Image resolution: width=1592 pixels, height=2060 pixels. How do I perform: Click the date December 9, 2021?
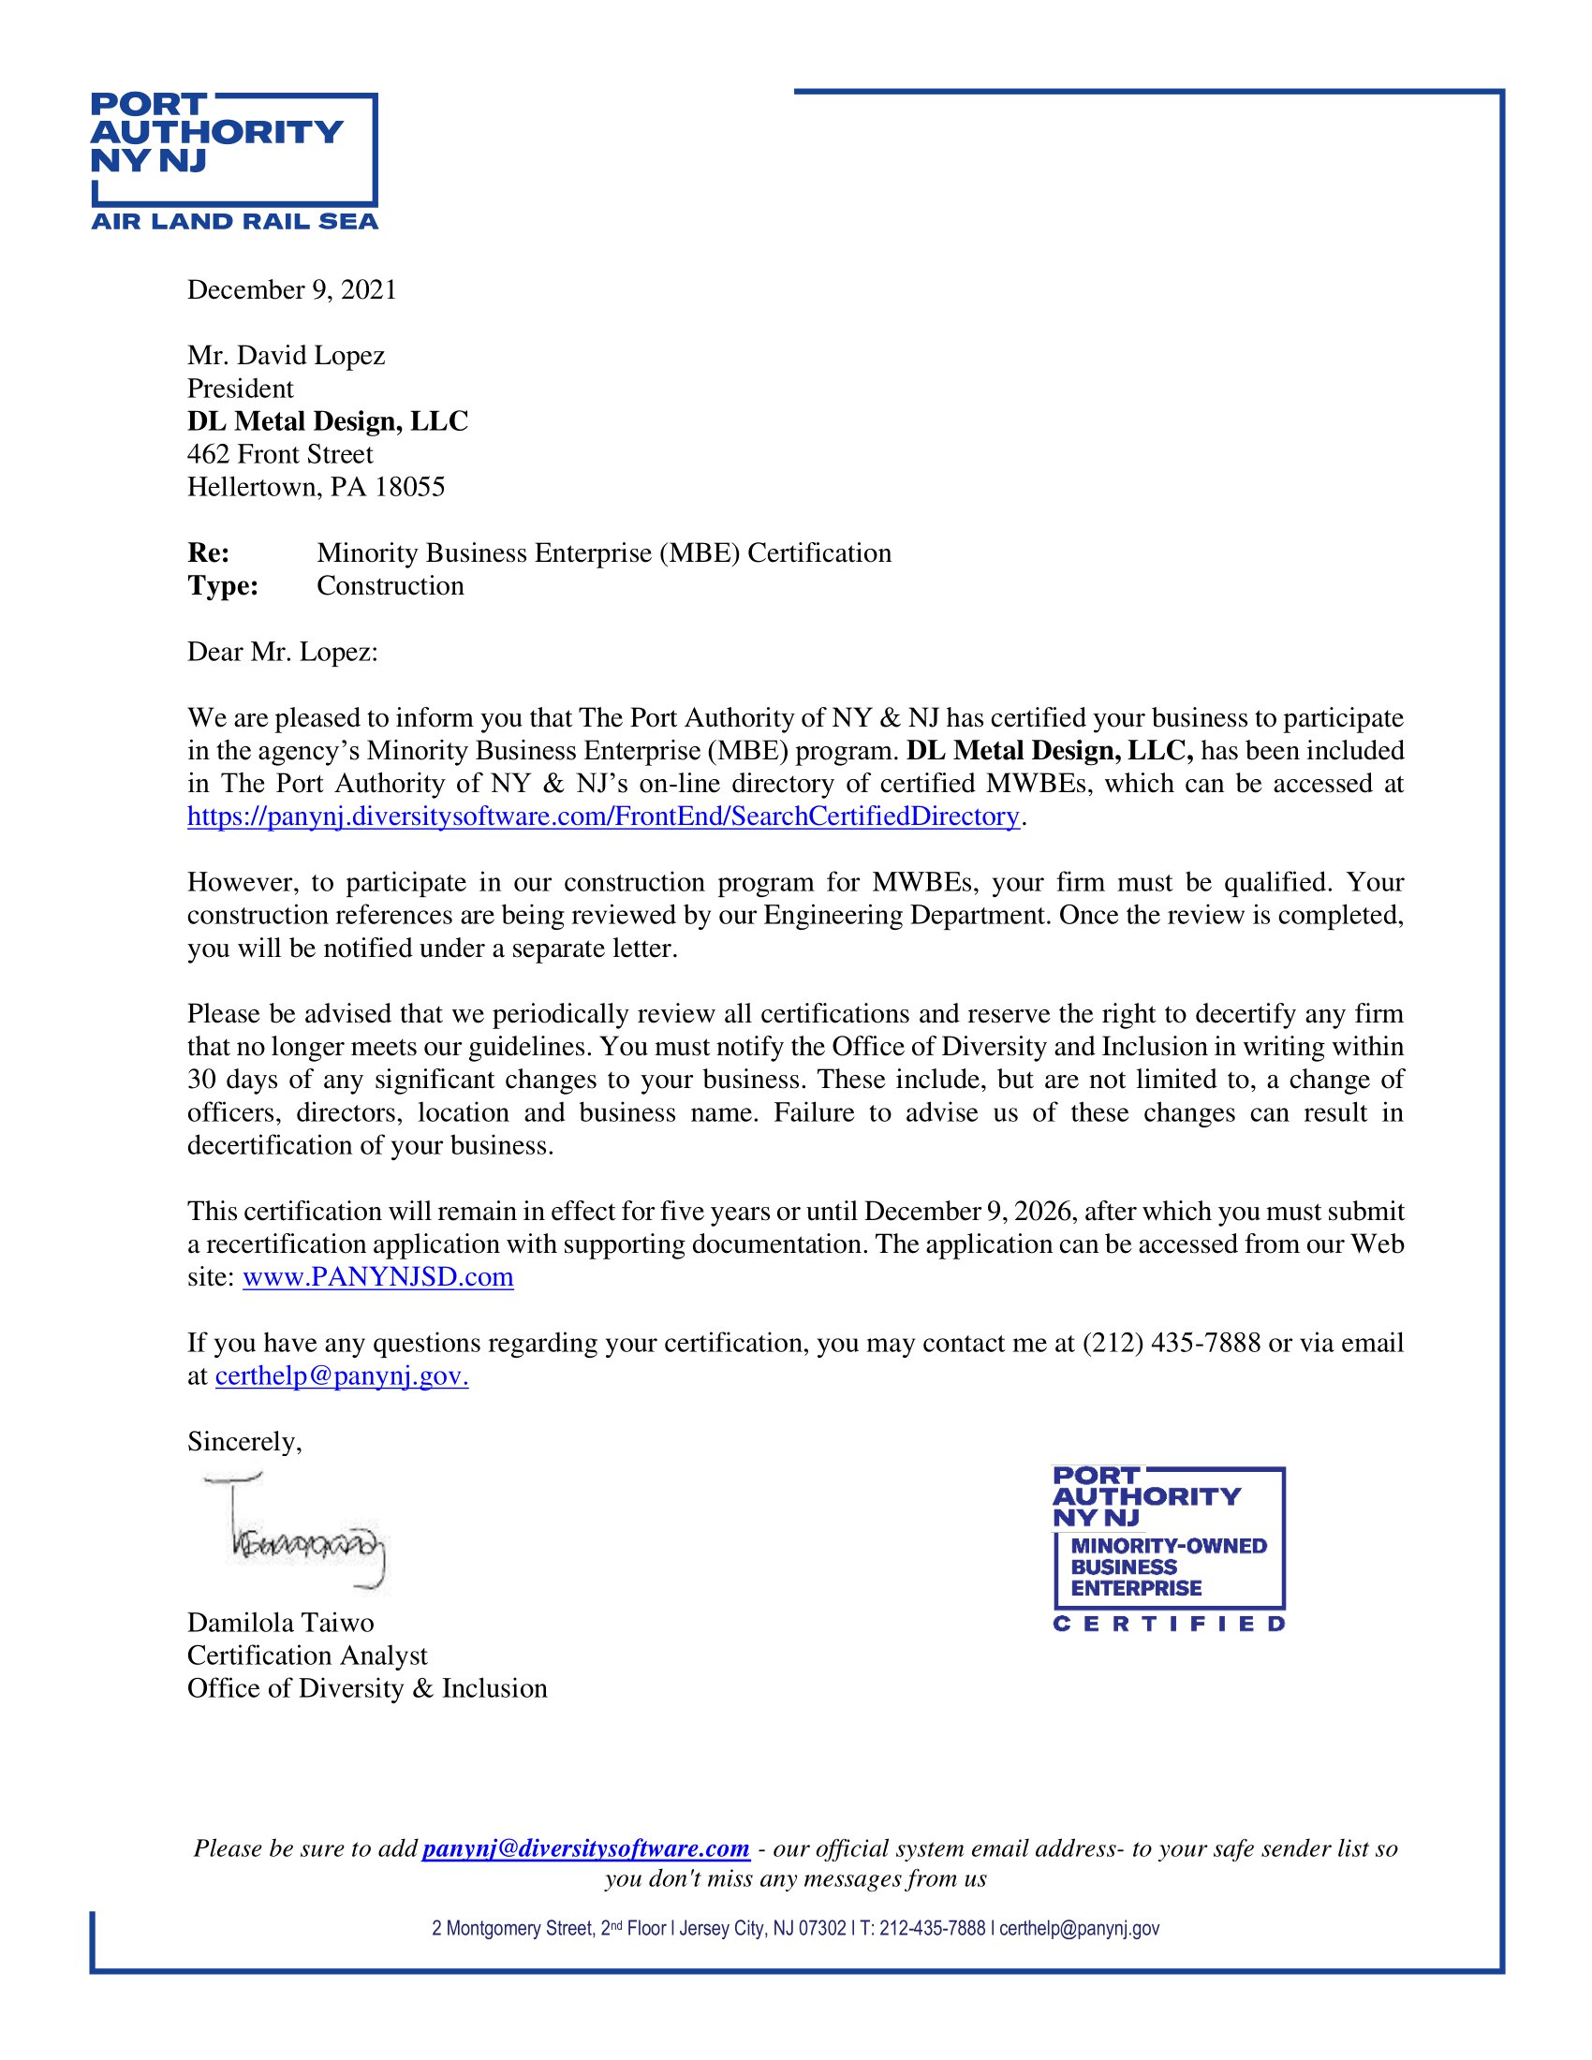coord(291,289)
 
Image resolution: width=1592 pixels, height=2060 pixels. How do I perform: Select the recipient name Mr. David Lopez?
coord(286,356)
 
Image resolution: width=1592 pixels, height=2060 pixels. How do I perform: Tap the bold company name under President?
coord(327,421)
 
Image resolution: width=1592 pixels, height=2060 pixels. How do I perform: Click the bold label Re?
coord(208,552)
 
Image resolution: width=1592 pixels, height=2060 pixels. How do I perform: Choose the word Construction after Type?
coord(390,586)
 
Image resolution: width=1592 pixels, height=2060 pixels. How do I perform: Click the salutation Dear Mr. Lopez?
coord(282,652)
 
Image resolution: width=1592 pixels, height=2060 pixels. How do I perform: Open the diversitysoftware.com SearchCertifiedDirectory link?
coord(603,816)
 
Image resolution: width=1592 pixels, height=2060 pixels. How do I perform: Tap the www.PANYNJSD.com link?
coord(377,1277)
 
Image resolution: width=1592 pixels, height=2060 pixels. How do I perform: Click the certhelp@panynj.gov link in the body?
coord(342,1376)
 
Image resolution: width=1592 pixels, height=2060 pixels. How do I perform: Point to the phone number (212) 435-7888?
coord(1171,1343)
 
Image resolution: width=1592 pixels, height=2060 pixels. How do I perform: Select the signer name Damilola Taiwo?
coord(280,1623)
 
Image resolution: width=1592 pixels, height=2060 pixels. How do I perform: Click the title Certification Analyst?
coord(306,1655)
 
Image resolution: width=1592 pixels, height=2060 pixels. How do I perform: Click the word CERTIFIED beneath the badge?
coord(1169,1624)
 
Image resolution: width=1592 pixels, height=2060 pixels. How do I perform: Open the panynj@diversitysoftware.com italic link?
coord(584,1848)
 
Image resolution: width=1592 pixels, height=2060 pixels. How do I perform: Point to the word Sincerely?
coord(243,1441)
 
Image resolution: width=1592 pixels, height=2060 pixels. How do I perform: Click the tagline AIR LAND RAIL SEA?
coord(234,222)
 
